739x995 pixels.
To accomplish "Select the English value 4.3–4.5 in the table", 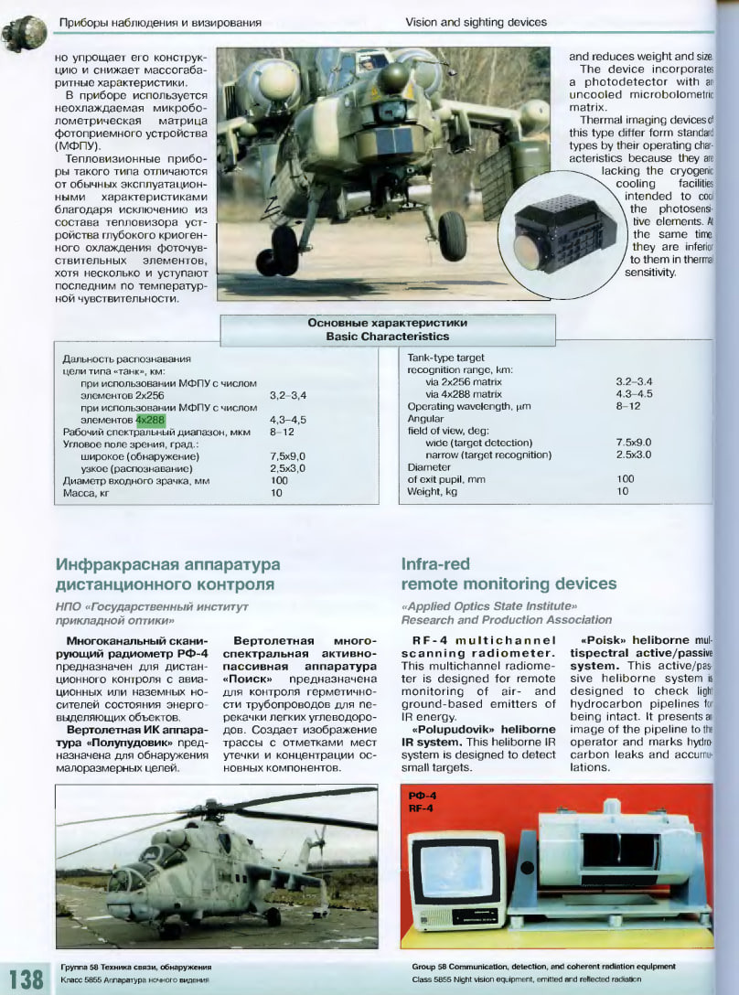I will (634, 394).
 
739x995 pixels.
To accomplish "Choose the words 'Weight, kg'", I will (432, 491).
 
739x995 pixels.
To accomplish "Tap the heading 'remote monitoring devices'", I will (509, 583).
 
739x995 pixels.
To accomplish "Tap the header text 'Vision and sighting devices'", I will (476, 22).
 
